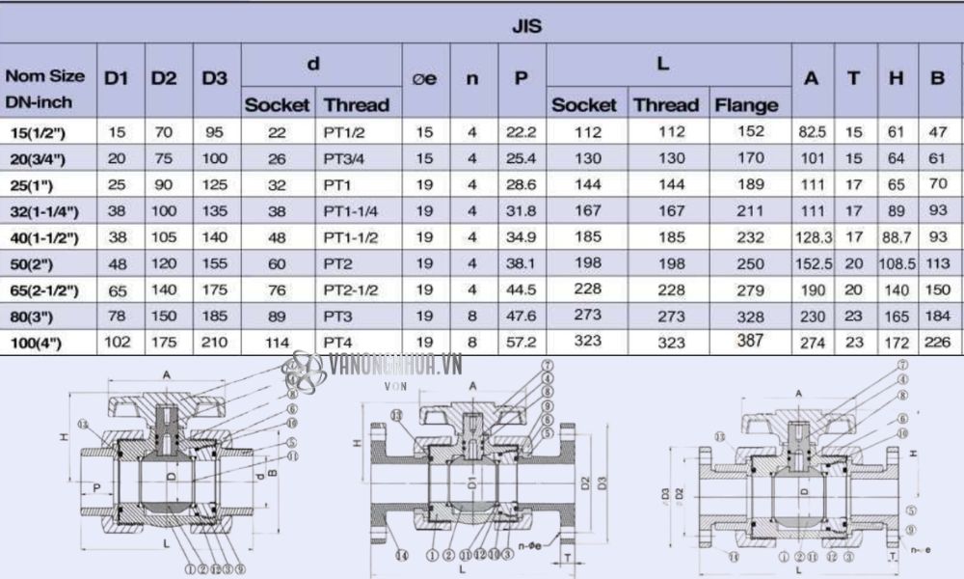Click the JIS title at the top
(x=526, y=26)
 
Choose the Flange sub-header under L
(x=746, y=104)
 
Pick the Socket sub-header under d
(x=277, y=104)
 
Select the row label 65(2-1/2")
(x=45, y=290)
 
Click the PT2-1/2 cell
(x=351, y=290)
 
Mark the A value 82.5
(x=811, y=131)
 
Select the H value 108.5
(x=897, y=263)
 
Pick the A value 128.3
(x=811, y=236)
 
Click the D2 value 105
(x=164, y=237)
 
